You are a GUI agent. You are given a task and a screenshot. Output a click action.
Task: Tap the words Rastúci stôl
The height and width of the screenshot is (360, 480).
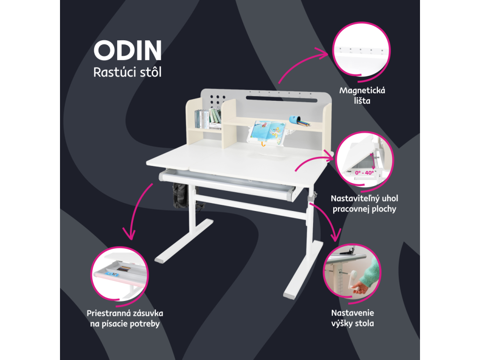(x=127, y=73)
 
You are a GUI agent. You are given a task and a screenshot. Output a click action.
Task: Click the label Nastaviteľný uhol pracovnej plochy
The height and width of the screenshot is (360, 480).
(x=364, y=203)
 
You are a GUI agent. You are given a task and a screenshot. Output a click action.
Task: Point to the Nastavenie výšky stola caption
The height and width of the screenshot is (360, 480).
(x=352, y=318)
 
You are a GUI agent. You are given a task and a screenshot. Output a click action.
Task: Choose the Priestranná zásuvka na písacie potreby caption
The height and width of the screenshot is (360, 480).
(x=125, y=318)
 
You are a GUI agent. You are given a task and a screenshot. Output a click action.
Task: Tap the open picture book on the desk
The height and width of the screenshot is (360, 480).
(x=265, y=131)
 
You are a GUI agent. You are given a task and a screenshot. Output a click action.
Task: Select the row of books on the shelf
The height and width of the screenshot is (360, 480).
(x=208, y=119)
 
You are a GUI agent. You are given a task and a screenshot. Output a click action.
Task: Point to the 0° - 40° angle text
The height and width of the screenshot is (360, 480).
(x=364, y=172)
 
